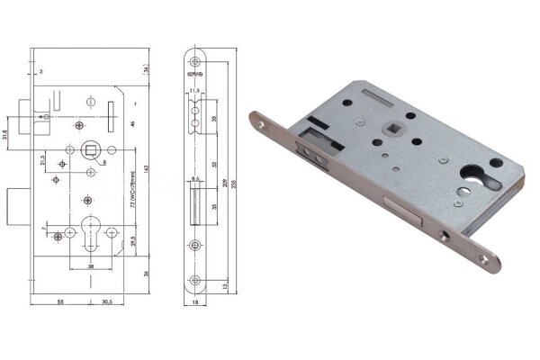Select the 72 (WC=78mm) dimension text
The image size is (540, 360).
(x=132, y=191)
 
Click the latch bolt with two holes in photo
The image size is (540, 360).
(x=319, y=150)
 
